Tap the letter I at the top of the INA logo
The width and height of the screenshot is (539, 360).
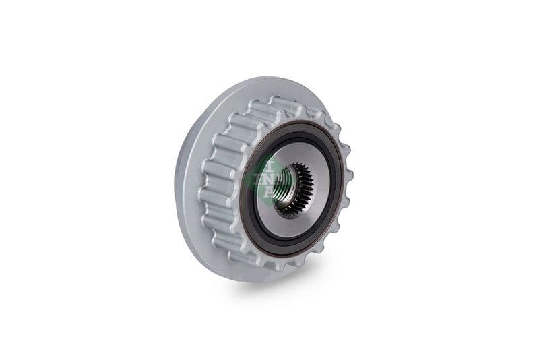click(267, 162)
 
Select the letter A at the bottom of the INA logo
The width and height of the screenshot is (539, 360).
click(268, 191)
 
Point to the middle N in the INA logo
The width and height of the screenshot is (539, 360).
click(267, 177)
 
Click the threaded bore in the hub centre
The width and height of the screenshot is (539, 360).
click(284, 180)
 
